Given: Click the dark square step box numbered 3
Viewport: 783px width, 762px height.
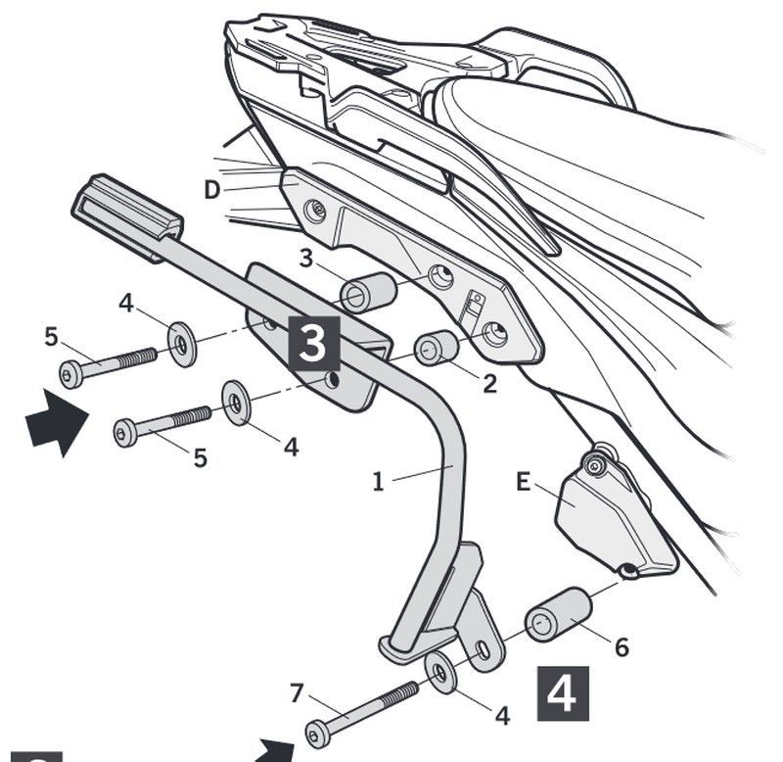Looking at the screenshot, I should point(312,343).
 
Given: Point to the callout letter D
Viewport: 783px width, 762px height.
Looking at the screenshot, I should point(212,189).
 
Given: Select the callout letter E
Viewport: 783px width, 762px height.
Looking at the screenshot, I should point(523,481).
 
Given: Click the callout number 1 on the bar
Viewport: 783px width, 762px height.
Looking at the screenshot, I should point(378,482).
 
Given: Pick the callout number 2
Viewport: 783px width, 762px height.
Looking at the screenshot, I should point(489,383).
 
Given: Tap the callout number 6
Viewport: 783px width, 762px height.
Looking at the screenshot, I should point(621,646).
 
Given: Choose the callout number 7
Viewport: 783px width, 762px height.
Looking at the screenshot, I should point(298,692).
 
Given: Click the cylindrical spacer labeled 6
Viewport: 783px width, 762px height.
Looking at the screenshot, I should point(558,614).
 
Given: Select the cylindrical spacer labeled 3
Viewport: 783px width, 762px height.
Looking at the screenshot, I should point(368,292).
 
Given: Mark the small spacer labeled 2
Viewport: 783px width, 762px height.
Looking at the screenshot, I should point(438,349).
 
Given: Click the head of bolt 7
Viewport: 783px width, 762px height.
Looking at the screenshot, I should point(317,734).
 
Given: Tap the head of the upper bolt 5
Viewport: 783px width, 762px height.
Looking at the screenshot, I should point(71,373).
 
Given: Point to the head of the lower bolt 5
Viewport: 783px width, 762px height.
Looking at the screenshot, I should point(125,432).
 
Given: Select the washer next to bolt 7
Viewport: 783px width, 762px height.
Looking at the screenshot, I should point(442,672).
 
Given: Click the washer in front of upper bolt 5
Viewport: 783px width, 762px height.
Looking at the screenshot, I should point(182,342).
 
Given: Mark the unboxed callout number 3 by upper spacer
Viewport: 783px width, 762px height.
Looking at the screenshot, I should point(306,260).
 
